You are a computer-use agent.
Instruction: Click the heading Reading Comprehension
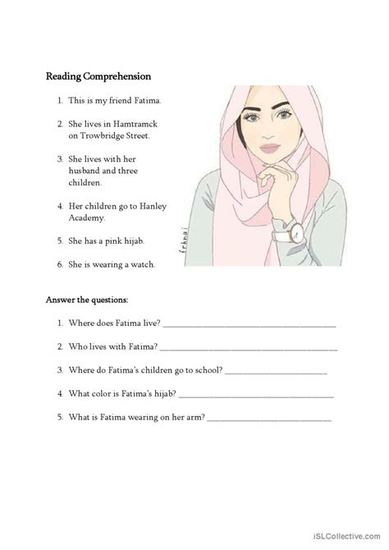98,77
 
